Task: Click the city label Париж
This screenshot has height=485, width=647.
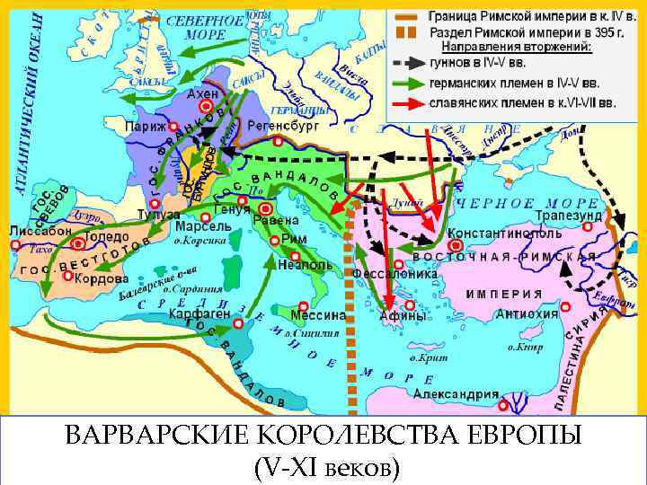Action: click(146, 127)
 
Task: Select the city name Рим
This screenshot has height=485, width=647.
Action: click(294, 239)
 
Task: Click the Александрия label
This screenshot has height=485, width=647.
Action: click(456, 393)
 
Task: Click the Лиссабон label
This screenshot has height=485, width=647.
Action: click(40, 231)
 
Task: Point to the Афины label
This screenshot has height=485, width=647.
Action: click(402, 315)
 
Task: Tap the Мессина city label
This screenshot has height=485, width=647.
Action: click(319, 315)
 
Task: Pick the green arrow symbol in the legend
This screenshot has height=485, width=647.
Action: click(409, 85)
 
